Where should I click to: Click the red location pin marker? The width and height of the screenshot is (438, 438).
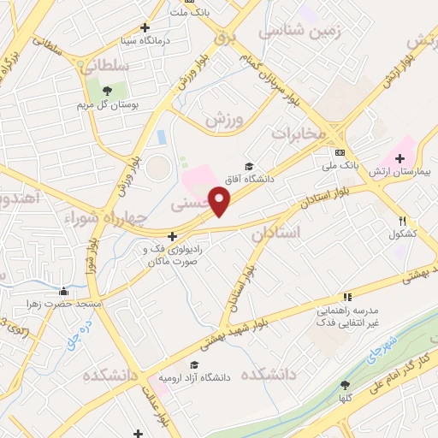tap(220, 202)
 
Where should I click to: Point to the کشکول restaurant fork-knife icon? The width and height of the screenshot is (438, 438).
tap(402, 221)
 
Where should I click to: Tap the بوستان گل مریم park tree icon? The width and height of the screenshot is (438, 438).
tap(106, 90)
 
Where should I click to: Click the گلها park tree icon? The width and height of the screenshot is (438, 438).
tap(345, 386)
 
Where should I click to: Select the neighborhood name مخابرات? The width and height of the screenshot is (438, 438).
tap(299, 133)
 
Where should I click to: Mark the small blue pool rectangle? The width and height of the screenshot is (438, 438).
tap(160, 136)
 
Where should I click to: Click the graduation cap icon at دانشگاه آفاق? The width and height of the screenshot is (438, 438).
tap(249, 167)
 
